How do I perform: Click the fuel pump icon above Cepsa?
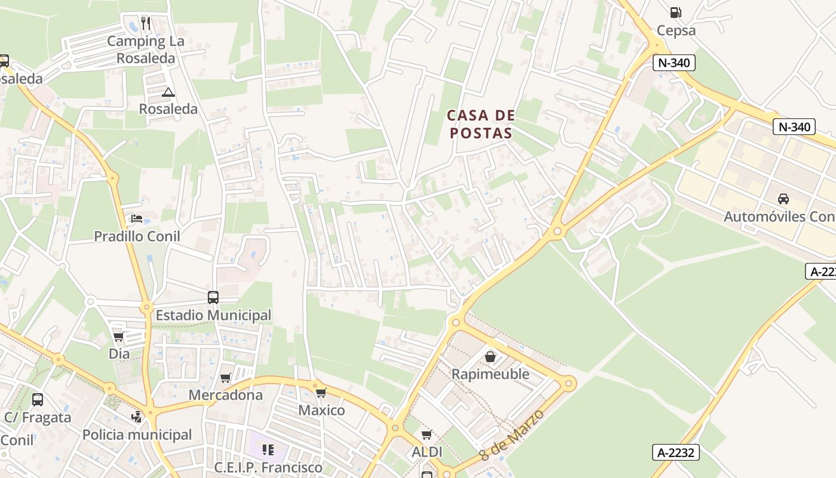[x=675, y=12]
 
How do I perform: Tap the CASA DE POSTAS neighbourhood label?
[x=481, y=124]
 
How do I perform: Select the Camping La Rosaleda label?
[x=146, y=50]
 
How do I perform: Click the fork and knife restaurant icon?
[x=146, y=23]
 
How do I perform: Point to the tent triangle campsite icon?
[x=168, y=92]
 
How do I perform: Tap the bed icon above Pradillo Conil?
[x=137, y=219]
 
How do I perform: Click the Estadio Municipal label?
[x=213, y=315]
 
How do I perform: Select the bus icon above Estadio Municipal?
[x=213, y=297]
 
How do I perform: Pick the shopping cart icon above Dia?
[x=119, y=337]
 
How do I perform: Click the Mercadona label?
[x=226, y=395]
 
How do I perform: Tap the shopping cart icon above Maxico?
[x=321, y=393]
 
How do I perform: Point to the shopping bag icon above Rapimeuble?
[x=490, y=357]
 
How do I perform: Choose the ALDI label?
[x=427, y=452]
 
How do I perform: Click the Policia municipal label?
[x=137, y=434]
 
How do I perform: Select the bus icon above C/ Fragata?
[x=38, y=400]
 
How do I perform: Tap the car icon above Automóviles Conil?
[x=783, y=199]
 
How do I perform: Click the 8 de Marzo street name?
[x=513, y=435]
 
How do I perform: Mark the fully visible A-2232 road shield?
[x=676, y=452]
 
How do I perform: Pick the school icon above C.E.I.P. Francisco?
[x=268, y=449]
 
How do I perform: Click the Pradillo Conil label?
[x=137, y=236]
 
